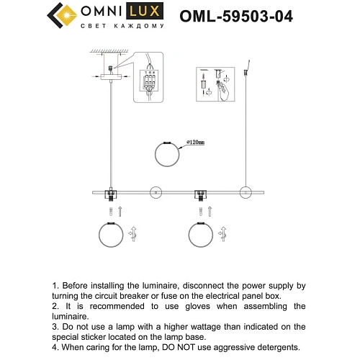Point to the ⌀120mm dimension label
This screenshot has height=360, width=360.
(195, 143)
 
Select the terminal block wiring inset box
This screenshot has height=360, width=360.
(150, 86)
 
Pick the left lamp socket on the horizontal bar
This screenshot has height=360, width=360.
(111, 194)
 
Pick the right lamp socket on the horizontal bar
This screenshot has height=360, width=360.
(199, 194)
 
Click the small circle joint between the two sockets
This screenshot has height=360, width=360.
(154, 192)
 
